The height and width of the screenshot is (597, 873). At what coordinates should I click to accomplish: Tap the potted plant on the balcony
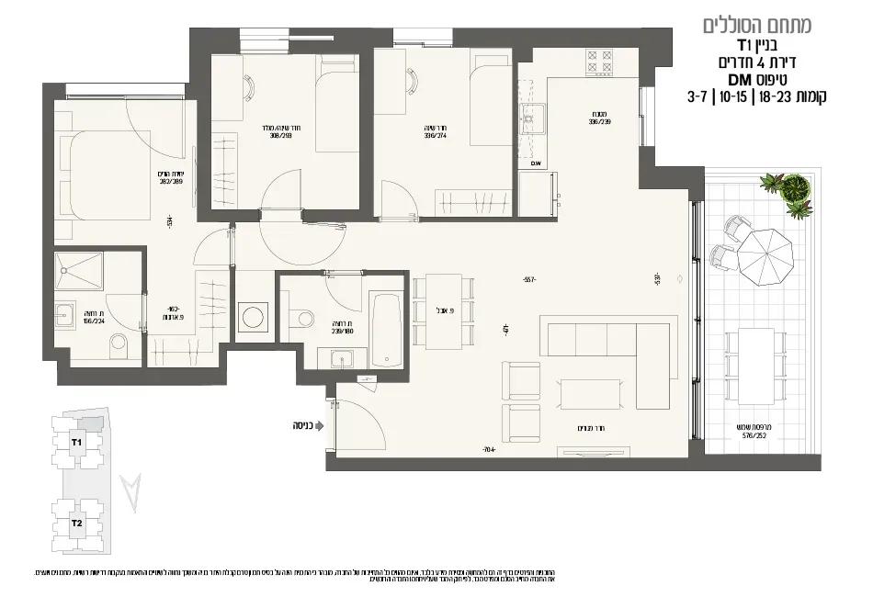tap(796, 192)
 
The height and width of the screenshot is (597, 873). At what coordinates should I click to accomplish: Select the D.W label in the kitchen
tap(537, 163)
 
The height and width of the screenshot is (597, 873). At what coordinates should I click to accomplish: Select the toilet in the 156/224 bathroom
tap(119, 347)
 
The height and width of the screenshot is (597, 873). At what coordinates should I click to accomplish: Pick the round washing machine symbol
tap(251, 319)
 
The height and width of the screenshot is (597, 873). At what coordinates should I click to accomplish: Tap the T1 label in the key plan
tap(77, 443)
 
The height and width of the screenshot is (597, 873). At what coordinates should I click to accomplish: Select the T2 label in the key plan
tap(77, 524)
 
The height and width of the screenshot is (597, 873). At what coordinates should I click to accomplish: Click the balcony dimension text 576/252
tap(753, 437)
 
